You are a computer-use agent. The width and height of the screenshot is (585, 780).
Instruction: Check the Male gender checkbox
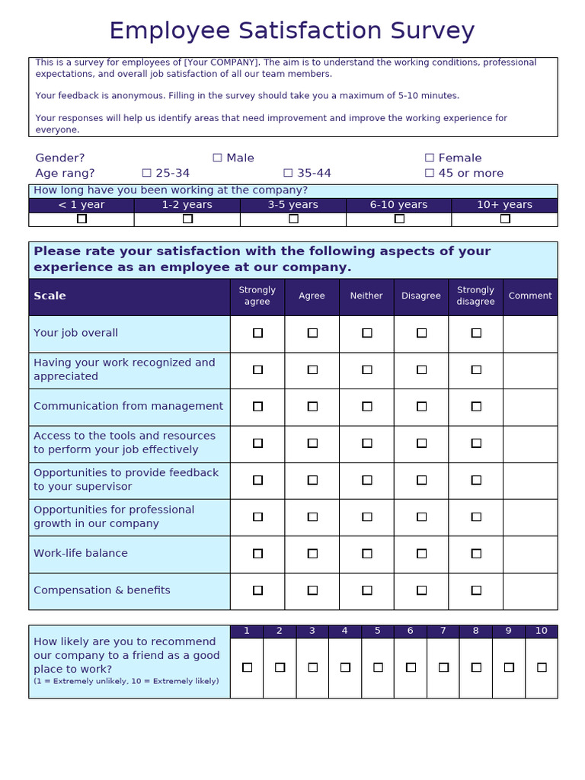pos(217,158)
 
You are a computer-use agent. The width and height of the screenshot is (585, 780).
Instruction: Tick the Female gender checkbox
pos(430,158)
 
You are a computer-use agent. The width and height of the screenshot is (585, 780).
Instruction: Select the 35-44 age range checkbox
pos(288,173)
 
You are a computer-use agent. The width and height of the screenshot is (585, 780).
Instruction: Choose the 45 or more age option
pos(430,173)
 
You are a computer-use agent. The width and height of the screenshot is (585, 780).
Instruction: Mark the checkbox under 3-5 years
pos(293,219)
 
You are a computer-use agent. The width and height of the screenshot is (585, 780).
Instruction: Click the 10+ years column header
pos(504,205)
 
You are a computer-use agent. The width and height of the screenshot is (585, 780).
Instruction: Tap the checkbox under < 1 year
pos(82,219)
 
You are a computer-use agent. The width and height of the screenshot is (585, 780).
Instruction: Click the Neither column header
pos(366,296)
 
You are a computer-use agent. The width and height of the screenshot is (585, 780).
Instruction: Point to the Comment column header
pos(530,296)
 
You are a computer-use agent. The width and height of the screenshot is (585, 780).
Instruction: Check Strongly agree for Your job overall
pos(257,333)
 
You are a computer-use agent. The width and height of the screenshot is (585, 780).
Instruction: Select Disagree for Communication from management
pos(421,407)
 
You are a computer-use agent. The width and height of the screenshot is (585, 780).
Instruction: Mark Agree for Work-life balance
pos(312,554)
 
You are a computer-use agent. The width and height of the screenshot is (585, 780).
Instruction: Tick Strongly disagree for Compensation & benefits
pos(476,590)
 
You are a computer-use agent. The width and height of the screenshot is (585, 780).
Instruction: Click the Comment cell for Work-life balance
pos(530,554)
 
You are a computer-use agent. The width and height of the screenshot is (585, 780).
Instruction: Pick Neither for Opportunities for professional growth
pos(366,516)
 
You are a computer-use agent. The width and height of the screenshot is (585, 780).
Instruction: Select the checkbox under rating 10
pos(542,667)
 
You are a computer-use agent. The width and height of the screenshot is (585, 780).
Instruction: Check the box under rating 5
pos(378,667)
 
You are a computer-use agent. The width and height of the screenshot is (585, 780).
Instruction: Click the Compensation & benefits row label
pos(102,590)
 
